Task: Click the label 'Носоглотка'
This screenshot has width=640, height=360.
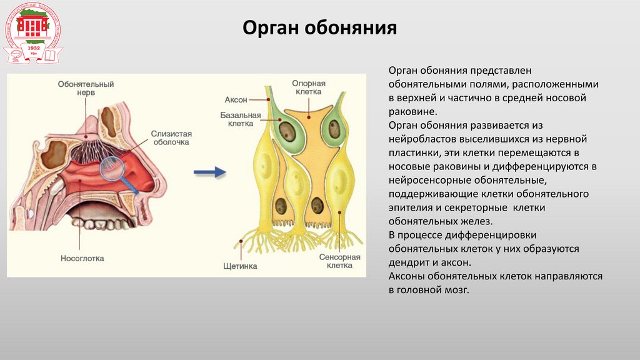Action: point(82,257)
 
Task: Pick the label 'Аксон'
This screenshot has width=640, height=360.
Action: point(236,99)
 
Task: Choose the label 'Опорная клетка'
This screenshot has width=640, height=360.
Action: point(306,87)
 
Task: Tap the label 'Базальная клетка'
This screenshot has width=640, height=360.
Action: point(236,119)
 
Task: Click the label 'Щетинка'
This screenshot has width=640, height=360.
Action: point(240,266)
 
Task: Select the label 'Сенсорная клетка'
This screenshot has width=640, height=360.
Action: point(340,261)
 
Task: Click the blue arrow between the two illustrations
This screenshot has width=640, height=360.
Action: point(209,172)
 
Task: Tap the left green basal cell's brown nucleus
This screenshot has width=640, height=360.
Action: point(287,131)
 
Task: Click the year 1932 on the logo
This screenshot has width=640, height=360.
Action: point(34,47)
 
